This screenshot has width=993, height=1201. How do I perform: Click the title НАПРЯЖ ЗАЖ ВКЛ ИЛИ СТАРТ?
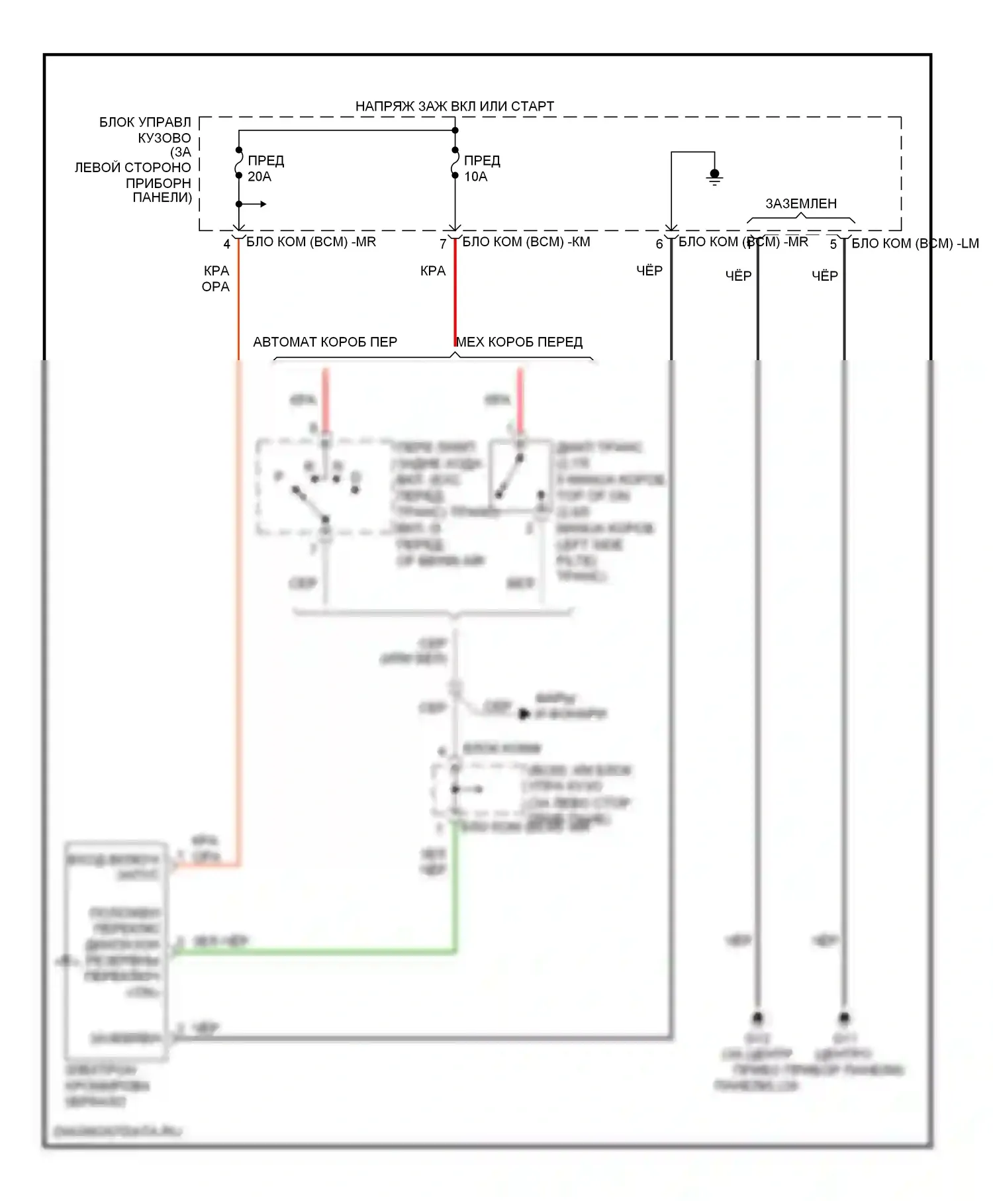pyautogui.click(x=454, y=106)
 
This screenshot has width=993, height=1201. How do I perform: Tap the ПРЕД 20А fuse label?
pyautogui.click(x=265, y=168)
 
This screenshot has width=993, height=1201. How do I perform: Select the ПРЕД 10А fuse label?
pyautogui.click(x=481, y=168)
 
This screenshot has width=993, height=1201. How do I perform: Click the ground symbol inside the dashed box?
pyautogui.click(x=714, y=177)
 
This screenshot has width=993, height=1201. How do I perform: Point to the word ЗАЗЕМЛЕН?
pyautogui.click(x=801, y=203)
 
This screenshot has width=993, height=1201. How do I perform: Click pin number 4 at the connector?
pyautogui.click(x=227, y=244)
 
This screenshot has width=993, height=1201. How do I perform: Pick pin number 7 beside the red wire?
pyautogui.click(x=443, y=244)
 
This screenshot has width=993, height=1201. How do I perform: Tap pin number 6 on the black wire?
pyautogui.click(x=659, y=244)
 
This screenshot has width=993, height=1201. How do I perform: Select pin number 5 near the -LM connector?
pyautogui.click(x=833, y=244)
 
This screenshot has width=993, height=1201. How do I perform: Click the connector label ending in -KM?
pyautogui.click(x=526, y=242)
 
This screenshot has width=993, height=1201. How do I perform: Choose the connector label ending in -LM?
pyautogui.click(x=915, y=243)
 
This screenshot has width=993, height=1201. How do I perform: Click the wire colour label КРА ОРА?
pyautogui.click(x=216, y=279)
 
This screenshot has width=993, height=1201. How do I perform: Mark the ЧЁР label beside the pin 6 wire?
pyautogui.click(x=649, y=270)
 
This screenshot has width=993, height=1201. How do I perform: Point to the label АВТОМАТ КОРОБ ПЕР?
pyautogui.click(x=325, y=342)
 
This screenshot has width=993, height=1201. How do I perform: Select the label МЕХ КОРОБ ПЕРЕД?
pyautogui.click(x=520, y=342)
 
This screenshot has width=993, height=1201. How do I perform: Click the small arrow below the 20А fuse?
pyautogui.click(x=258, y=204)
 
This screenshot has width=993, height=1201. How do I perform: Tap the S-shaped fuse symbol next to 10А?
pyautogui.click(x=455, y=163)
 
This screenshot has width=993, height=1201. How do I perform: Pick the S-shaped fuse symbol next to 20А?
pyautogui.click(x=239, y=163)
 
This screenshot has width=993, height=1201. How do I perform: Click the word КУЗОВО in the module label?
pyautogui.click(x=164, y=138)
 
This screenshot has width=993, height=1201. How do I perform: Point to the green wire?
pyautogui.click(x=318, y=951)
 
